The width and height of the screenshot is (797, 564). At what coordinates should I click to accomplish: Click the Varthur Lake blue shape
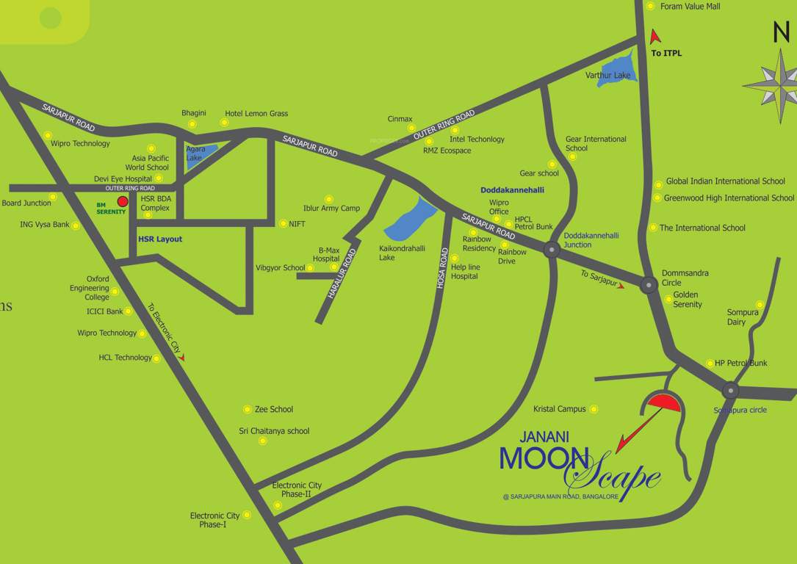coord(615,70)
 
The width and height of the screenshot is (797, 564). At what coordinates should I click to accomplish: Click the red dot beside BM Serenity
coord(123,201)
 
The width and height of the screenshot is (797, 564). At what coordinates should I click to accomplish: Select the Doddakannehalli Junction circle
coord(552,250)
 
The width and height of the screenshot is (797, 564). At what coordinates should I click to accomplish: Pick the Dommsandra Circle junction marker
coord(649,285)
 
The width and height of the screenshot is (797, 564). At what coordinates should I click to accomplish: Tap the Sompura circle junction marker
coord(729,390)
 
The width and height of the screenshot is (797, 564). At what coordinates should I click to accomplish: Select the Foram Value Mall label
coord(690,7)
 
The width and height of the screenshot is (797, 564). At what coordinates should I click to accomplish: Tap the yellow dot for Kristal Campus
coord(594,409)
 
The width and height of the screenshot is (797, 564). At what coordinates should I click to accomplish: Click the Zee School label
coord(273,409)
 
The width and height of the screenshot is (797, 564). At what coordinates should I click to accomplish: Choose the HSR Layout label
coord(160,239)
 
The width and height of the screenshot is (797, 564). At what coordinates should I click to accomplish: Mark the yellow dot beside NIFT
coord(283,223)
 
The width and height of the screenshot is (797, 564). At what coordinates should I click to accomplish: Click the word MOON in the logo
coord(544,458)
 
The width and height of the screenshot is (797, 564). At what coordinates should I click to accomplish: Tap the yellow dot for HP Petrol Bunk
coord(710,363)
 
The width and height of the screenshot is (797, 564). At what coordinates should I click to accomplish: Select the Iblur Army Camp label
coord(331,208)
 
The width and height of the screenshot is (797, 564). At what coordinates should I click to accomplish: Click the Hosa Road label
coord(442,268)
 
